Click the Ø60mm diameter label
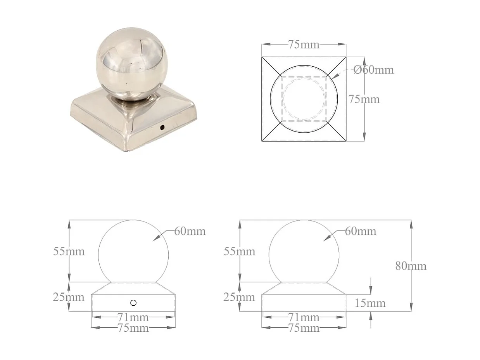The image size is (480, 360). (373, 70)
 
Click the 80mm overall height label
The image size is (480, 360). (411, 266)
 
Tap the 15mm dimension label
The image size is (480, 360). (370, 303)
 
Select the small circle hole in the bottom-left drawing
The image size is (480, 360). (133, 303)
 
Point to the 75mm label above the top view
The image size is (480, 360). (304, 45)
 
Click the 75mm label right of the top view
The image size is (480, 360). (364, 99)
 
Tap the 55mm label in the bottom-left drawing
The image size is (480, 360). (69, 251)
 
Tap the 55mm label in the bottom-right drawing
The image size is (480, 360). (239, 252)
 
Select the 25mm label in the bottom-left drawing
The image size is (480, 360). (69, 297)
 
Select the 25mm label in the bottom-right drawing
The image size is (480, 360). (239, 297)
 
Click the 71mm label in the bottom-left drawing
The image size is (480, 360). (133, 317)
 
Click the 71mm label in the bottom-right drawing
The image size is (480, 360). (304, 317)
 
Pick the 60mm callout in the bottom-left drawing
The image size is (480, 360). (190, 231)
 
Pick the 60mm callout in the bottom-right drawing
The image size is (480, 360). (360, 231)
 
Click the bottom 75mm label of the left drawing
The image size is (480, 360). (133, 328)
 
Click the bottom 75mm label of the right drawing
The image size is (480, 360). (304, 328)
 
